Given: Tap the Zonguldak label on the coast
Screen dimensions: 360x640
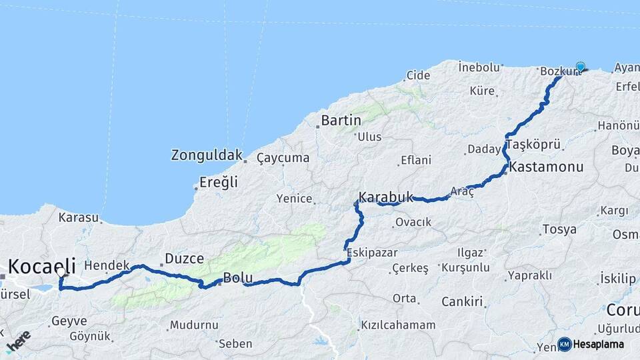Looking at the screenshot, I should (x=207, y=155).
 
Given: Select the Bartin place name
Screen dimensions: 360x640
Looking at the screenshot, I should (x=341, y=121).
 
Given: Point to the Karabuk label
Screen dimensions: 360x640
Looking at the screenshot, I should (x=386, y=197).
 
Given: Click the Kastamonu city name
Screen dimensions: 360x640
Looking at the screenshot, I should (x=547, y=167).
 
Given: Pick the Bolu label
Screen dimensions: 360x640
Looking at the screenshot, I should (x=237, y=277).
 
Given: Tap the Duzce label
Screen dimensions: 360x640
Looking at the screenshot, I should (x=185, y=259).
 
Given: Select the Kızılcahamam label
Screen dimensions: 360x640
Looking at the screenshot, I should (x=398, y=325).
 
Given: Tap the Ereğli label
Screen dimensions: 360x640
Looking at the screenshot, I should (x=219, y=183).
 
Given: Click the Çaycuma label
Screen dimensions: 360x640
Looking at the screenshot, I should (x=283, y=158).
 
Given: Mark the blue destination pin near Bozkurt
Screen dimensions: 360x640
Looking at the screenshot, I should (x=580, y=66).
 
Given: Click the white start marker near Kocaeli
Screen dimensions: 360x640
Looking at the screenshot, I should (x=61, y=272).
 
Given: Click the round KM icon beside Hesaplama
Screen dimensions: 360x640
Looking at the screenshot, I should (x=565, y=344).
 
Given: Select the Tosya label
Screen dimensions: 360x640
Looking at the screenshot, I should (x=559, y=229).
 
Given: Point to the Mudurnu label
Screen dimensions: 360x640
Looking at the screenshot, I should (x=194, y=325).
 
